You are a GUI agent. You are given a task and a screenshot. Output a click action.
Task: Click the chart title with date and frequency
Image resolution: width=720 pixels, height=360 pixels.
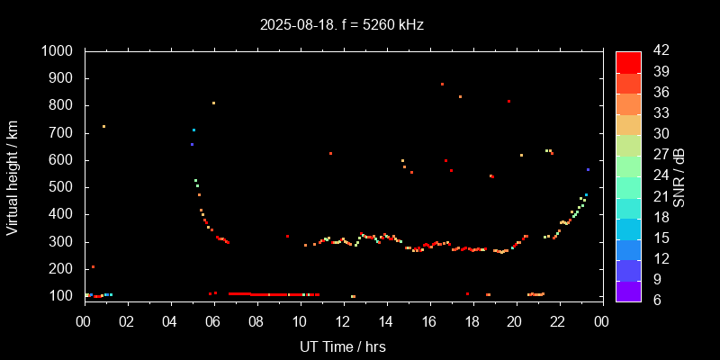tap(341, 25)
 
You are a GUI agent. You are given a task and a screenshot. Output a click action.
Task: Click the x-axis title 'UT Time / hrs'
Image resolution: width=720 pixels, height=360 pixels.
tap(343, 346)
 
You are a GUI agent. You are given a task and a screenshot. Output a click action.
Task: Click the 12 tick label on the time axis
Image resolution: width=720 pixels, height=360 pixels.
tap(343, 321)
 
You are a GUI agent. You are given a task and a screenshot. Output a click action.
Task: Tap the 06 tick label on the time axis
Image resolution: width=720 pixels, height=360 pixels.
tap(213, 321)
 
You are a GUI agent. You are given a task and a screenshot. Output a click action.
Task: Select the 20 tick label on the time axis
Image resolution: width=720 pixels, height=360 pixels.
tap(516, 321)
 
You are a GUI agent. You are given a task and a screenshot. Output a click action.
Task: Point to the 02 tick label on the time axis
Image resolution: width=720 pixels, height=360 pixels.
tap(127, 321)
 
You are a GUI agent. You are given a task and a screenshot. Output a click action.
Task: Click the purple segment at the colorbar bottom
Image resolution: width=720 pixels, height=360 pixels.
tap(628, 291)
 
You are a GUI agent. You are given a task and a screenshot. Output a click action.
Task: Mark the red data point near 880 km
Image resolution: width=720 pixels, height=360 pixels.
tap(442, 84)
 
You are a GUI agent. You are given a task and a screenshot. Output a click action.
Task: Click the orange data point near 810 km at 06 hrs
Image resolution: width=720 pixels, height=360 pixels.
tap(213, 103)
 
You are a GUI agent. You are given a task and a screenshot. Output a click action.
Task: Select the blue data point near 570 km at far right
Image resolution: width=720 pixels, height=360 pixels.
tap(588, 169)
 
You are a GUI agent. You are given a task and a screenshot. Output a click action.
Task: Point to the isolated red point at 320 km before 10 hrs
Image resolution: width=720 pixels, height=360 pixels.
tap(287, 236)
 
